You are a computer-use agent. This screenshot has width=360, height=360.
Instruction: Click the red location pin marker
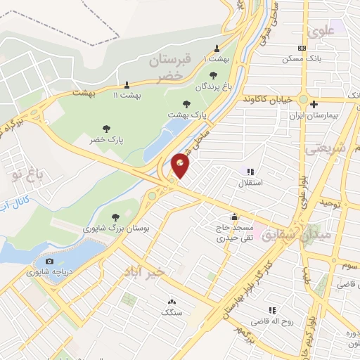tap(180, 165)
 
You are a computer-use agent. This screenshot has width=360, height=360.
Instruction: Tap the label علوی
tap(321, 30)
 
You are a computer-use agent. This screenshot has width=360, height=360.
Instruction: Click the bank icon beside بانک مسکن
tap(302, 48)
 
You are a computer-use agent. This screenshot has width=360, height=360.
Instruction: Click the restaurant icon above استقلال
tap(249, 171)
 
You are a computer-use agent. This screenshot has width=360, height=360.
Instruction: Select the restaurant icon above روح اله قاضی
tap(271, 310)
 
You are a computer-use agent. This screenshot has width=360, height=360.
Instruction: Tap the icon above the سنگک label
tap(172, 302)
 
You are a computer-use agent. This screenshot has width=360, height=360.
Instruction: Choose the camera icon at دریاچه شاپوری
tap(49, 262)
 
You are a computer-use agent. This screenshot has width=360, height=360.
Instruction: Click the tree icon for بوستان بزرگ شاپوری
tap(116, 217)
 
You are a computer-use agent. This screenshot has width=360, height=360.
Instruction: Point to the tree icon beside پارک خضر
tap(106, 129)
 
